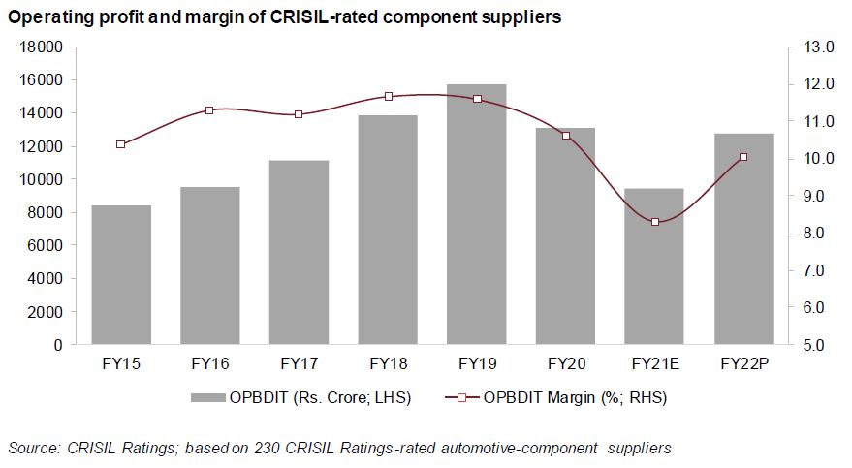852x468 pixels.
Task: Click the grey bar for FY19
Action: [x=477, y=214]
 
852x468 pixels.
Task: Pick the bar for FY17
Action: [x=299, y=252]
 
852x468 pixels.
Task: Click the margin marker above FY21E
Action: [x=655, y=222]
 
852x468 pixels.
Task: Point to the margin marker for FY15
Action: [x=121, y=144]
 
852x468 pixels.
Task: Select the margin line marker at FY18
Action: [x=388, y=97]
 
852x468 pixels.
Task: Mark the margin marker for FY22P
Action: [x=743, y=157]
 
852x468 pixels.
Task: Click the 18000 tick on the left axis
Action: [x=43, y=47]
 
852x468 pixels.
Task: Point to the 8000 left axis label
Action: [x=47, y=212]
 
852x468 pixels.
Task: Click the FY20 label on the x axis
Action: [x=566, y=364]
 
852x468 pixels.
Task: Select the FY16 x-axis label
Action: [x=209, y=364]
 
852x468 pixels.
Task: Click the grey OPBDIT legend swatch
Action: [x=208, y=397]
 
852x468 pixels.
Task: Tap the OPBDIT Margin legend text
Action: [x=576, y=397]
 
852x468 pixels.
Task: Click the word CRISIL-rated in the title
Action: [x=272, y=16]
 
